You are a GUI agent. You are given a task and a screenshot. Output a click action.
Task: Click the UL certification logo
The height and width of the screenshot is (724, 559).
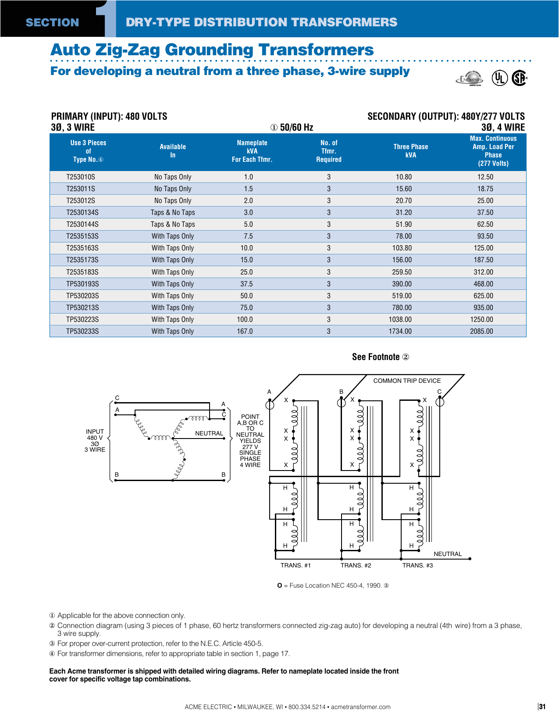pos(499,78)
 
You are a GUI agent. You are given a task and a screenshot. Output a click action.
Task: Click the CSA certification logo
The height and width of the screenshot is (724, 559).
pos(519,78)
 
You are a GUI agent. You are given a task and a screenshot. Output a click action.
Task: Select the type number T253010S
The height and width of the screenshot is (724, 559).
pos(81,177)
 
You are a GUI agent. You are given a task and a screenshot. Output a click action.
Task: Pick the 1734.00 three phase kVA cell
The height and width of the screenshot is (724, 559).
pos(400,332)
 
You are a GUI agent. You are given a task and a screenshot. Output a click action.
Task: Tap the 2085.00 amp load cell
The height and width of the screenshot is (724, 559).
pos(481,332)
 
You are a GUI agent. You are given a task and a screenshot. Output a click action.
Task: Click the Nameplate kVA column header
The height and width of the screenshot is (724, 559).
pos(252,151)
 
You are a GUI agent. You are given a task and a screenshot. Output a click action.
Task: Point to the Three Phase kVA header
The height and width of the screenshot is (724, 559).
pos(410,151)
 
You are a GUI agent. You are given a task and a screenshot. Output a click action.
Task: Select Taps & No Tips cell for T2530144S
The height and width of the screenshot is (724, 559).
pos(173,225)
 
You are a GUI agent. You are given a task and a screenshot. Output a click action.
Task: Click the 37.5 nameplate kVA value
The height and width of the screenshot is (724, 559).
pos(246,284)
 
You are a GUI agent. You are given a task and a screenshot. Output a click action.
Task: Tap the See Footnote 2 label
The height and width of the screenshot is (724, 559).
pos(380,357)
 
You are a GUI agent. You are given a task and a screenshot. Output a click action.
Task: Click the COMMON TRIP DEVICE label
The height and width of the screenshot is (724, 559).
pos(407,381)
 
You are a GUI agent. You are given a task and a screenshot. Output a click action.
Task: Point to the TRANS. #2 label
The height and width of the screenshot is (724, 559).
pos(356,566)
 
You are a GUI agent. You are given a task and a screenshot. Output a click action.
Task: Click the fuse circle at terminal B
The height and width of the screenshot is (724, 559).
pos(342,402)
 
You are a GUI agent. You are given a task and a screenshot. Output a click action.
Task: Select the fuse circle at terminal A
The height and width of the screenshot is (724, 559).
pos(270,404)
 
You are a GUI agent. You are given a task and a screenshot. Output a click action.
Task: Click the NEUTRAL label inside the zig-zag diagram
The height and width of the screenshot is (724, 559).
pos(209,433)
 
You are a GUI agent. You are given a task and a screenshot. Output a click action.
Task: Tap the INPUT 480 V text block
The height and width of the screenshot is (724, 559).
pos(95,441)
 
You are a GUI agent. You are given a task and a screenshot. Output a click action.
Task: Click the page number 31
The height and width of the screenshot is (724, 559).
pos(542,706)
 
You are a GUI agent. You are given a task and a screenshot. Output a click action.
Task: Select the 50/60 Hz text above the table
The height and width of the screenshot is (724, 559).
pos(292,128)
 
